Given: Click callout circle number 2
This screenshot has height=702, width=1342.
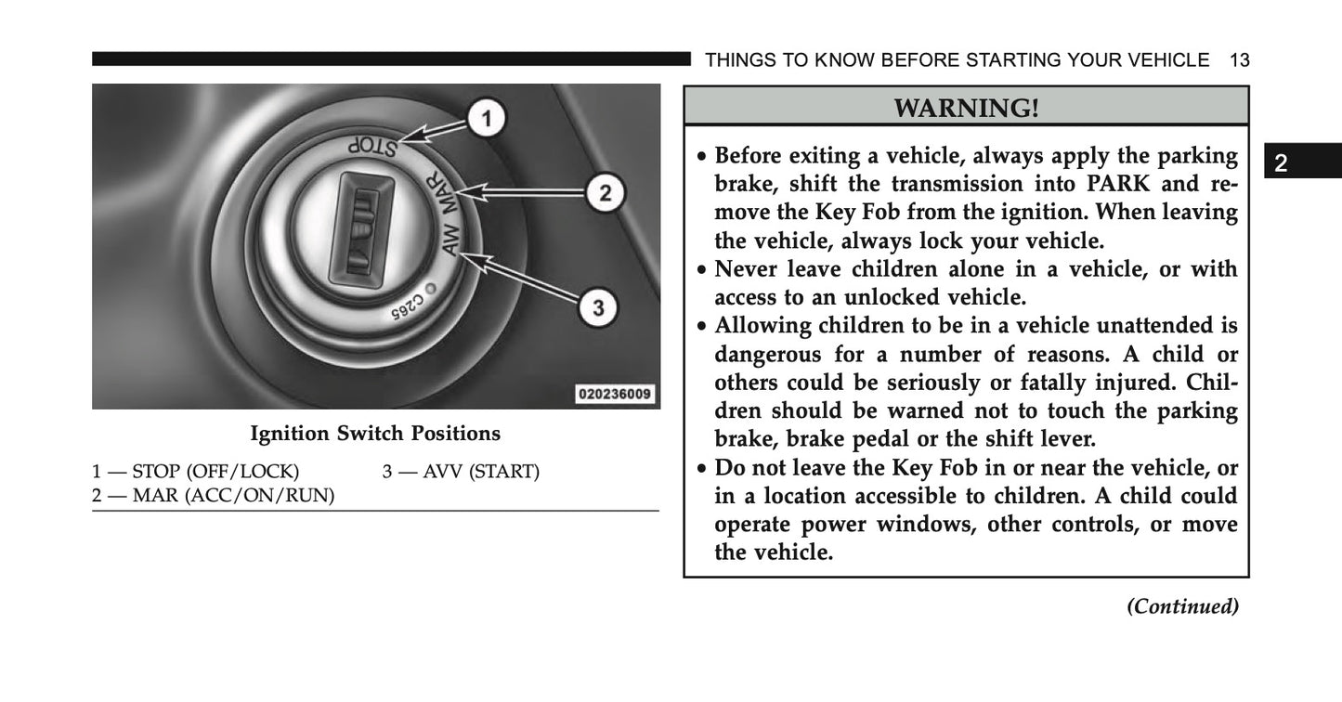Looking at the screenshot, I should [604, 193].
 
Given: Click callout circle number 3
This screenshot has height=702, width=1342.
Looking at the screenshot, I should [599, 307].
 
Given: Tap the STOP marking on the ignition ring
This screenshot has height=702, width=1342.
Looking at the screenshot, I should [371, 146].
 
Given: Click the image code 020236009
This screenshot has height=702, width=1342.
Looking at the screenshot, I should [615, 394].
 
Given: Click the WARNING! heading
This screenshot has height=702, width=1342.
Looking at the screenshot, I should [966, 108].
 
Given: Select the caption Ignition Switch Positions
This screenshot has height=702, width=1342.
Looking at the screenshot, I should [375, 434].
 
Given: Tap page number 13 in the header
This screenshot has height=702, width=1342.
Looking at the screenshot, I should [1239, 60].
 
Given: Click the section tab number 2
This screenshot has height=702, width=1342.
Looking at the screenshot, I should [1282, 164].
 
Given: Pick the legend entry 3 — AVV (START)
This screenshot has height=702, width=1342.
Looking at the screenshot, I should [461, 472].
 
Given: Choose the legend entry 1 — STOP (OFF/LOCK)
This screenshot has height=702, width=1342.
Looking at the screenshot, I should [195, 472].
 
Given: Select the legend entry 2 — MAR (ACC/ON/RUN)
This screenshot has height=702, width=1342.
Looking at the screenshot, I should [214, 496].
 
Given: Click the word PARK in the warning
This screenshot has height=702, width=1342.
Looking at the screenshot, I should [1096, 184].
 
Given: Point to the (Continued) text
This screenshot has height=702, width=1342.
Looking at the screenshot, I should [1182, 606].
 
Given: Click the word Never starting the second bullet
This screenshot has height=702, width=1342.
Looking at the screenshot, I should [745, 269].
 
